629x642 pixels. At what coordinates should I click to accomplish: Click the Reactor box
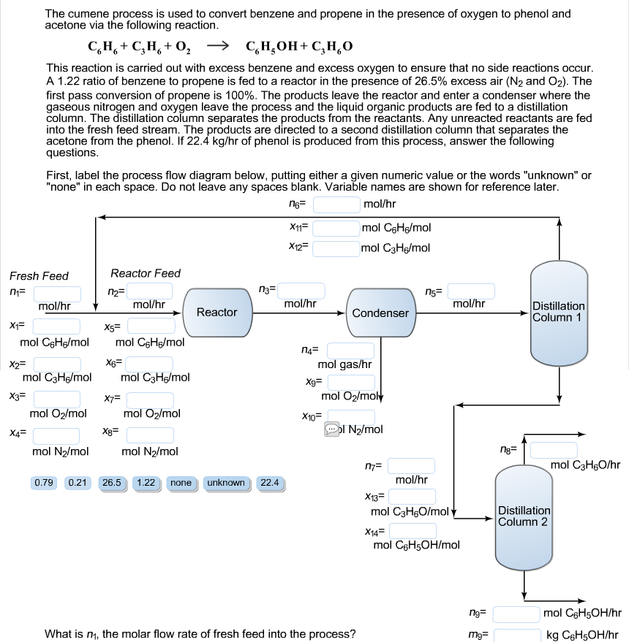[216, 313]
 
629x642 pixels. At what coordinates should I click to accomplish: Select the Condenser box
[380, 313]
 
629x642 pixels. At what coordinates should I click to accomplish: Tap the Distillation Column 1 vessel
[559, 312]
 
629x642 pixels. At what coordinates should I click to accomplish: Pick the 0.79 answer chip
[45, 483]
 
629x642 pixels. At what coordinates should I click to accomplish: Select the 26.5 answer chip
[113, 483]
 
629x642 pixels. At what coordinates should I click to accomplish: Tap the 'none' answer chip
[181, 483]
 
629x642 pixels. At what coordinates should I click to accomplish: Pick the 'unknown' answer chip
[226, 483]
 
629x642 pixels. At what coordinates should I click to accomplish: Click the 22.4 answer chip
[271, 483]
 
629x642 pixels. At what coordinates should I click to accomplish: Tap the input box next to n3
[301, 291]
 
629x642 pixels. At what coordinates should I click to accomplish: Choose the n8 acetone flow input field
[554, 450]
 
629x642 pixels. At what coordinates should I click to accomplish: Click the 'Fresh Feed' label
[39, 276]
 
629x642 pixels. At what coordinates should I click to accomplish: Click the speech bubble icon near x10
[332, 429]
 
